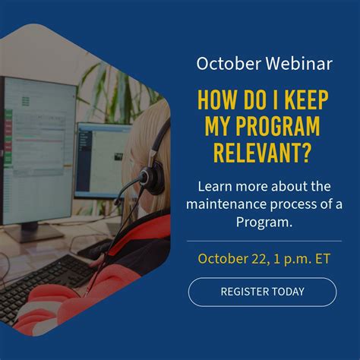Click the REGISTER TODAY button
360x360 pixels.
click(x=262, y=292)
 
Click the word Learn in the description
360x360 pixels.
click(x=215, y=185)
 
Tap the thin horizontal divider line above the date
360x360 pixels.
click(x=264, y=241)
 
